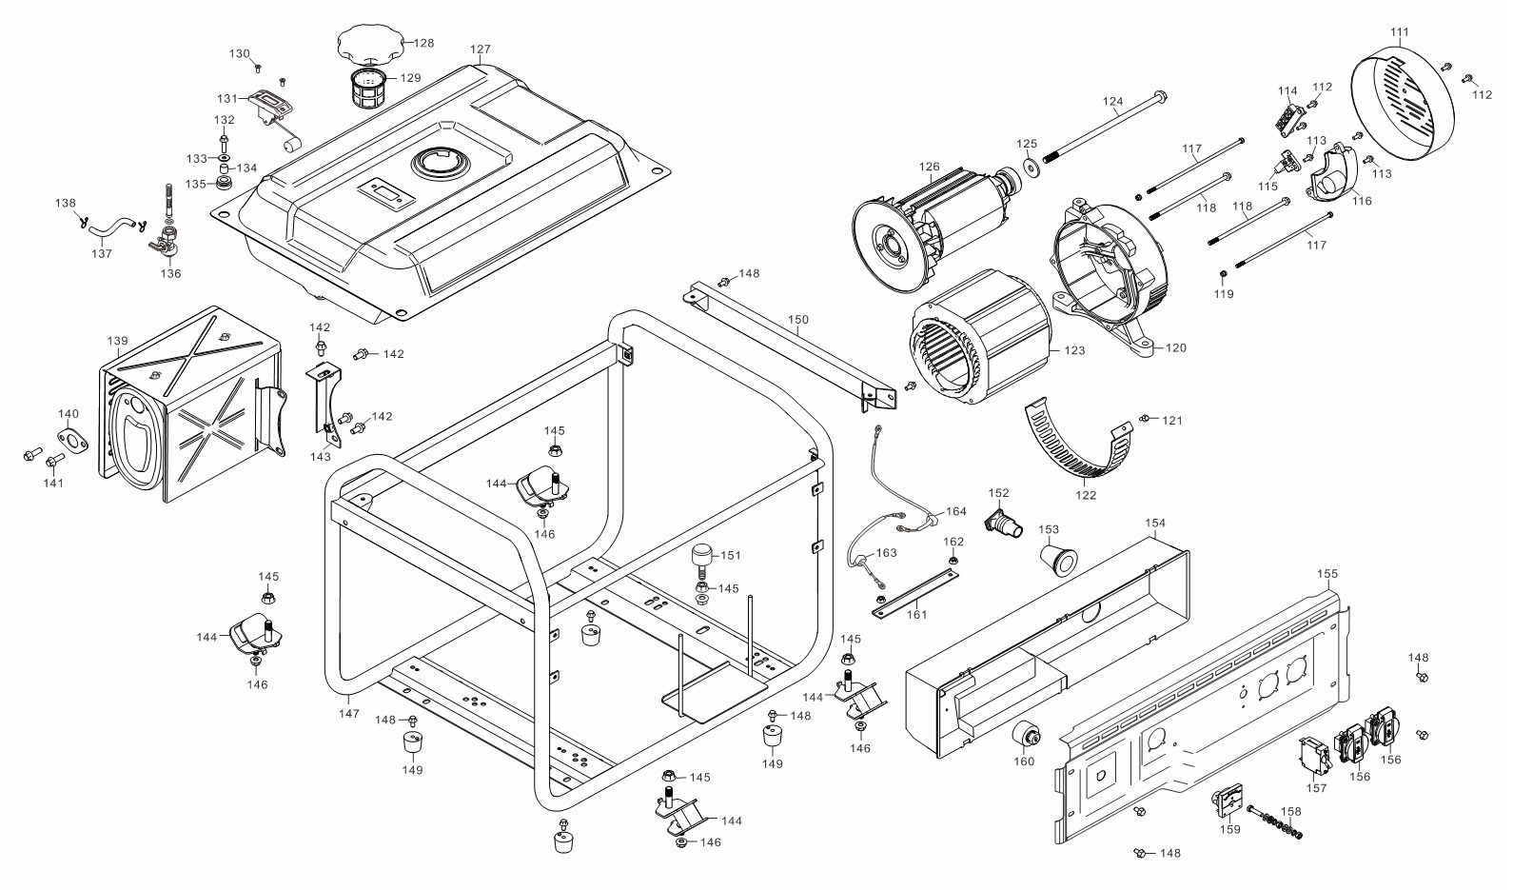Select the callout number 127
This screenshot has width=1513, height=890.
point(481,49)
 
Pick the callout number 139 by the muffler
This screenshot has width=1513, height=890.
point(117,340)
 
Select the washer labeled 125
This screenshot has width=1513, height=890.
point(1031,168)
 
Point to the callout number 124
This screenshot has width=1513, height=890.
point(1113,101)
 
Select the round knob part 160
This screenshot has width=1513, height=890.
point(1025,735)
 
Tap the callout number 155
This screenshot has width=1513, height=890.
point(1327,573)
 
